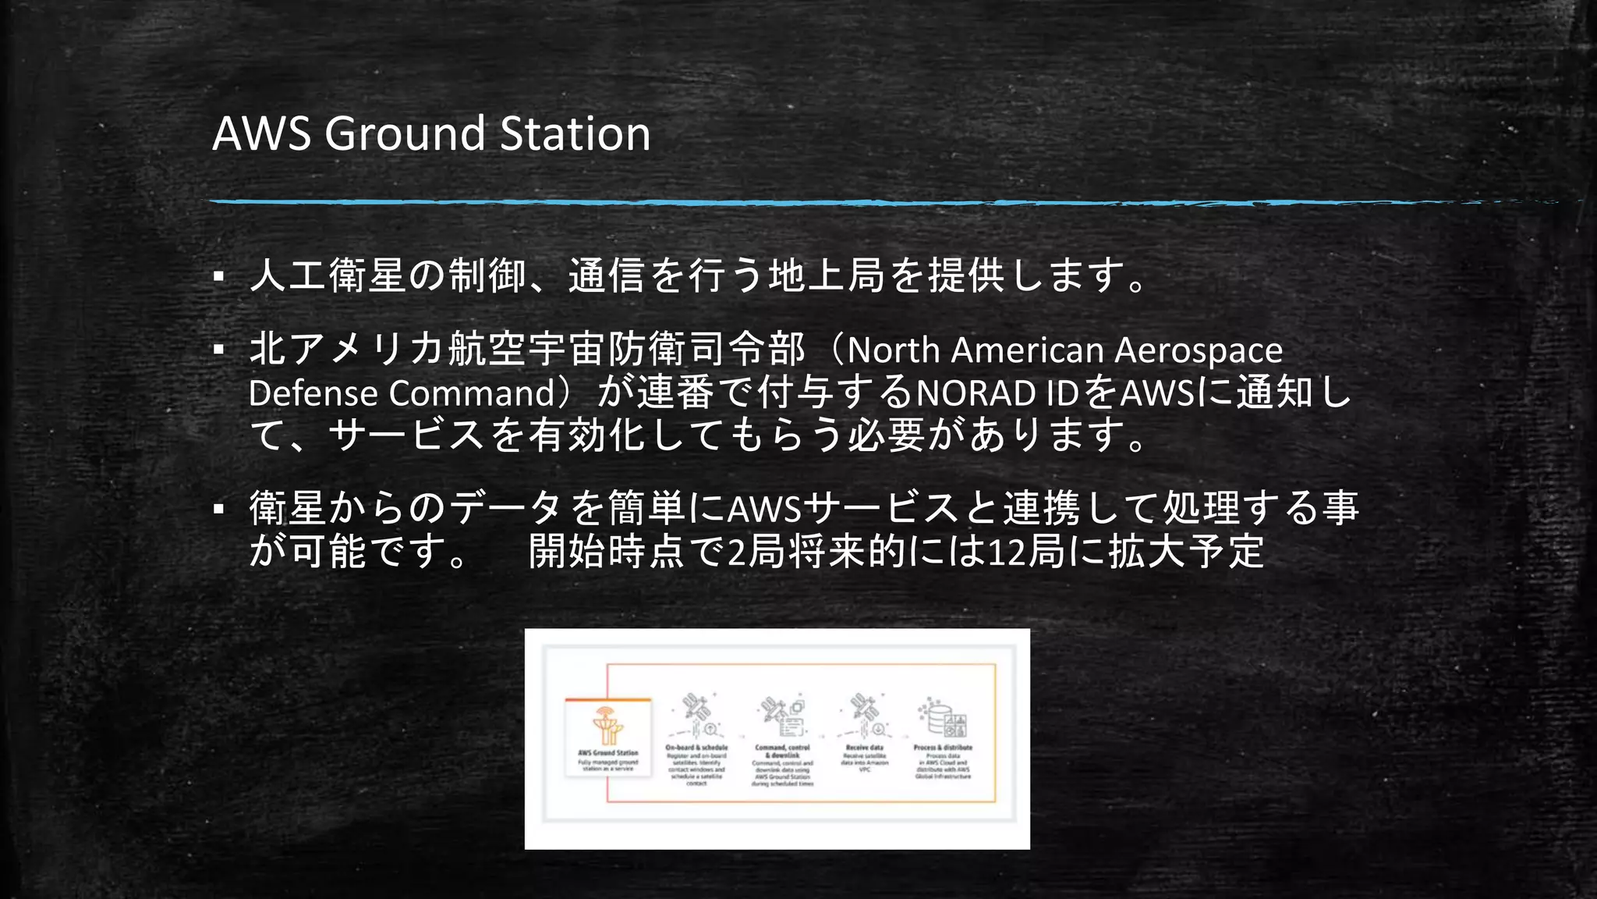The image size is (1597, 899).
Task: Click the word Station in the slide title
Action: pyautogui.click(x=575, y=133)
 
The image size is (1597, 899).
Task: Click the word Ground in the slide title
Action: pyautogui.click(x=405, y=133)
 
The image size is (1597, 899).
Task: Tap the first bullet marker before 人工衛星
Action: pyautogui.click(x=219, y=276)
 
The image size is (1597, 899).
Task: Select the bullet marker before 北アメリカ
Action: pyautogui.click(x=219, y=349)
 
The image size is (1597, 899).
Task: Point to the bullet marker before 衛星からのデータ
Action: pyautogui.click(x=219, y=510)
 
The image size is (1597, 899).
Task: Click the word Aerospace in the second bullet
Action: pyautogui.click(x=1198, y=350)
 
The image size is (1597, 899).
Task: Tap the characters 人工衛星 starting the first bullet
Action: pyautogui.click(x=328, y=275)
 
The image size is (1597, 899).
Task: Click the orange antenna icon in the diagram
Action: pyautogui.click(x=607, y=725)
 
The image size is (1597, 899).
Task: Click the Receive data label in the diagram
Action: pyautogui.click(x=864, y=748)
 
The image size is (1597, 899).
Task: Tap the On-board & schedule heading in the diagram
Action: pyautogui.click(x=696, y=748)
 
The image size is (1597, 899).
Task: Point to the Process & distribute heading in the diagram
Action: pyautogui.click(x=943, y=748)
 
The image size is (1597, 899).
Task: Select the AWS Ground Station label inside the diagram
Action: pyautogui.click(x=607, y=753)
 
